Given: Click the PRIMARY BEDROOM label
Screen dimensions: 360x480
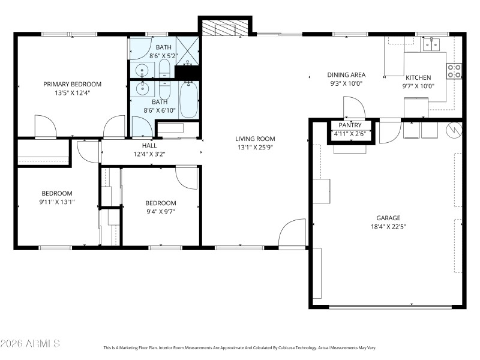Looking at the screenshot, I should coord(72,84).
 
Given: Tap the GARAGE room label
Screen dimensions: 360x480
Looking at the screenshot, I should coord(388,218).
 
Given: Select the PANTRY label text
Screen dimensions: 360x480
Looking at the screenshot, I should coord(349,125).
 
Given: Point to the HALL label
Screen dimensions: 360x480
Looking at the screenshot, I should coord(149,146).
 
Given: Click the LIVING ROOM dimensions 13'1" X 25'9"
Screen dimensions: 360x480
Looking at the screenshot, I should coord(255,147).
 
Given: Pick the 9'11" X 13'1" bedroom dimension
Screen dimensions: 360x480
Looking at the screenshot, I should coord(57,202).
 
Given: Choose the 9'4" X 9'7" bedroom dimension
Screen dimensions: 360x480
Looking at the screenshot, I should coord(160,211).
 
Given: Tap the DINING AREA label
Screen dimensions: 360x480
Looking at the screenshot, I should coord(347,75).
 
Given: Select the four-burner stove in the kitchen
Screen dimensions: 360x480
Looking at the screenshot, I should coord(454,71).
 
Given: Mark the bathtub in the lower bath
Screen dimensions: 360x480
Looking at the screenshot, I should coord(188,99).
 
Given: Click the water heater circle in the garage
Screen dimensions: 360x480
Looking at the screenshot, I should coord(454,129).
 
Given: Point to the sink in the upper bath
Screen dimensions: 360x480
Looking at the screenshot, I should coord(142,69).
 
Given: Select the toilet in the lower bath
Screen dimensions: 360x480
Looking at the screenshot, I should coord(165,91).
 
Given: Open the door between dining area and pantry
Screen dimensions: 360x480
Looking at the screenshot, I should coord(354,109).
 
